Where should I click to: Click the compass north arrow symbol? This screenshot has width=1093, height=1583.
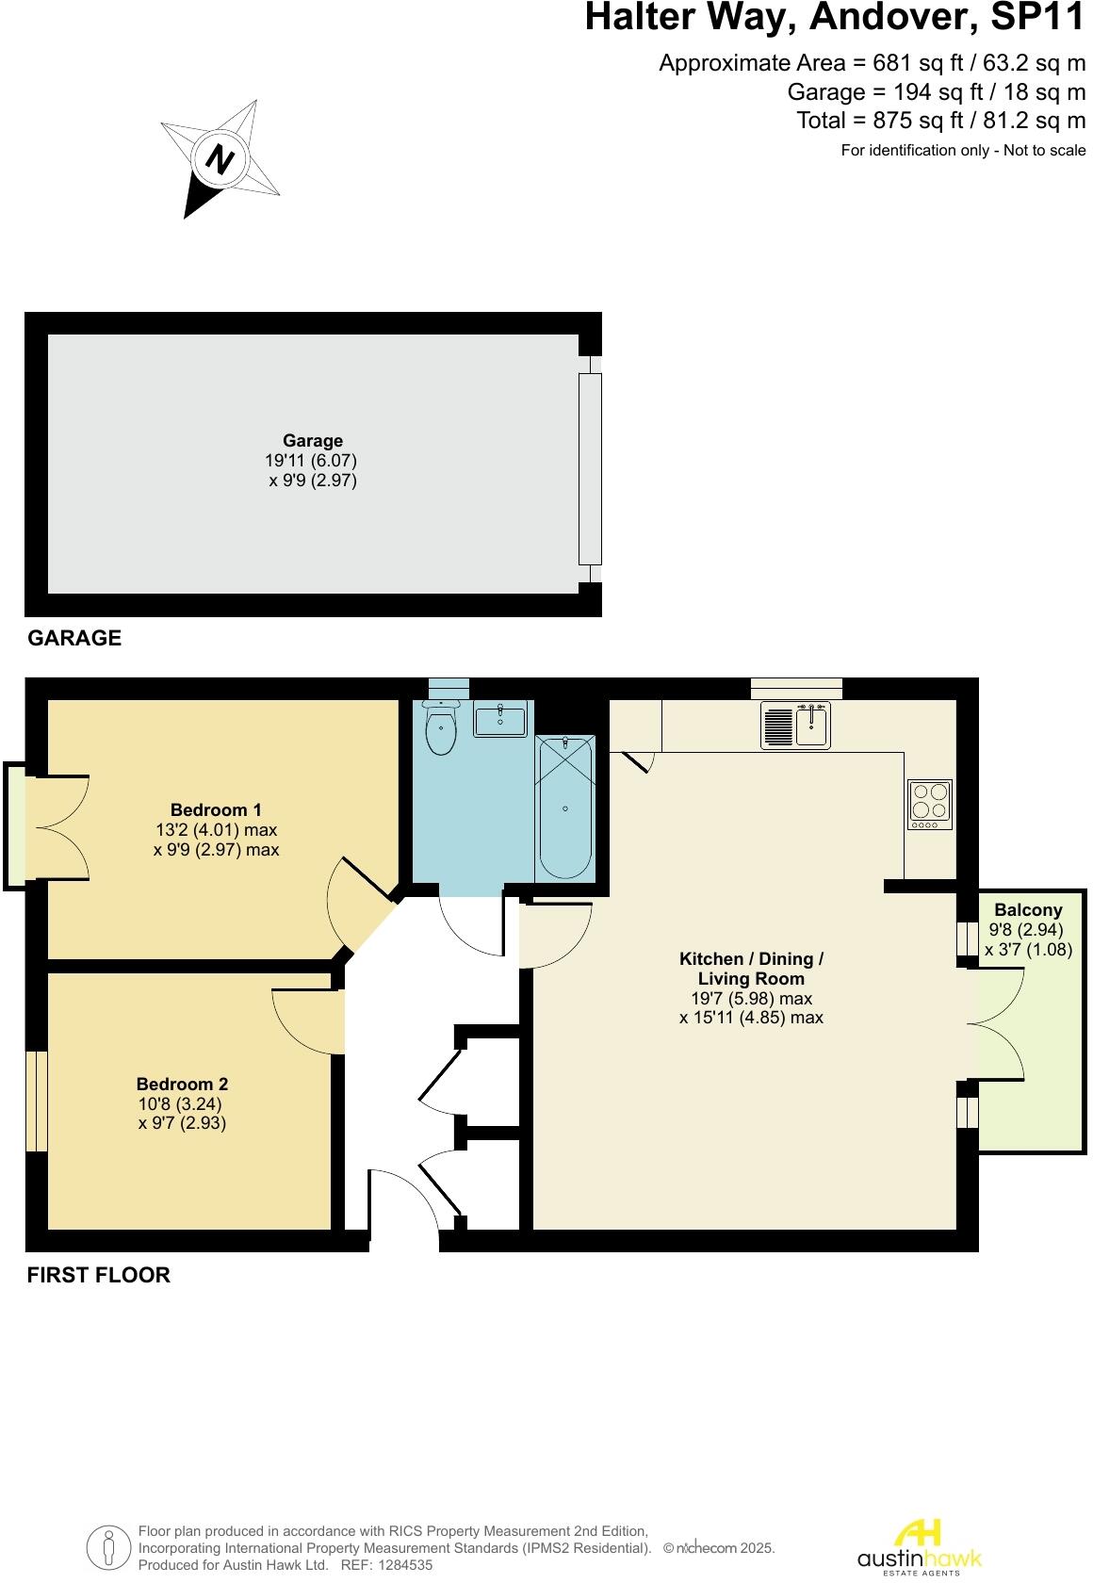pos(220,159)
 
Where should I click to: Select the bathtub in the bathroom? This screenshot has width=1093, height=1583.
pos(565,808)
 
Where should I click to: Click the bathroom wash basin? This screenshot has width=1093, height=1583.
pos(500,721)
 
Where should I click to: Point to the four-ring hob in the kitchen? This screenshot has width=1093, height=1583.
pos(929,804)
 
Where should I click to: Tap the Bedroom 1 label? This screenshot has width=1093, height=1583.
pos(216,809)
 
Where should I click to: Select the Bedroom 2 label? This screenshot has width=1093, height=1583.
pos(182,1085)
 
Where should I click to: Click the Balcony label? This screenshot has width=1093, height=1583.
pos(1028,910)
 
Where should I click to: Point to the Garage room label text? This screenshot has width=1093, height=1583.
pos(313,440)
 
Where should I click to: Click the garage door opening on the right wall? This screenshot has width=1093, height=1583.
pos(590,468)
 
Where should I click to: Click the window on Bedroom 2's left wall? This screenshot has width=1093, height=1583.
pos(36,1101)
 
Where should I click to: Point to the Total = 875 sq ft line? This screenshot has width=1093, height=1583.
pos(940,121)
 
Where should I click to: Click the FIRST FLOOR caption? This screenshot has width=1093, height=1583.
pos(99,1275)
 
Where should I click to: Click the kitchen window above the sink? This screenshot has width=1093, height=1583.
pos(796,688)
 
